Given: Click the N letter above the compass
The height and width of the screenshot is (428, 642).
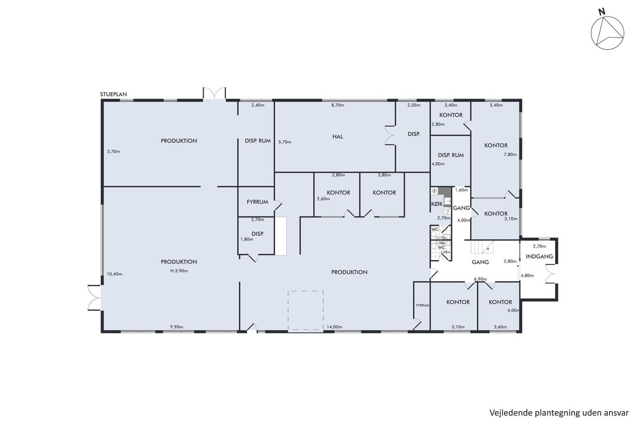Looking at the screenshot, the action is click(602, 20).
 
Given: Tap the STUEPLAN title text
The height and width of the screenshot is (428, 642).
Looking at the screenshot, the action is click(114, 94).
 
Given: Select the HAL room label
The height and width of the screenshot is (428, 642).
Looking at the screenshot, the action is click(338, 137).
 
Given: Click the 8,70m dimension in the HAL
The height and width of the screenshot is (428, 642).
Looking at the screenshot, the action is click(338, 105).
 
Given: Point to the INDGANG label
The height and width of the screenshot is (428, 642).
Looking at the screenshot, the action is click(539, 256).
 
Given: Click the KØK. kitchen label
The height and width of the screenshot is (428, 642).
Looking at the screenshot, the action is click(437, 204).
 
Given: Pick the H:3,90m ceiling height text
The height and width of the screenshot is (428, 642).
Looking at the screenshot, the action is click(179, 271).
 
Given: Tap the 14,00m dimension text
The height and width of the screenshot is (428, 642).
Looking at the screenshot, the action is click(334, 327).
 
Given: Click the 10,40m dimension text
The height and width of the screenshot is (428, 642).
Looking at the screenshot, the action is click(114, 274).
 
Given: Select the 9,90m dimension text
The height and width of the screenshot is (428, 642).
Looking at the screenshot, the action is click(177, 327).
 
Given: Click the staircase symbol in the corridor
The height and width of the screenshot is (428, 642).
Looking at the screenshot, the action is click(482, 247).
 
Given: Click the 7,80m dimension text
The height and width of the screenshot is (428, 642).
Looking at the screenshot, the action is click(510, 155).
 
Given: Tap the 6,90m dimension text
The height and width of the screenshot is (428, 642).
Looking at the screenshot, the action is click(481, 279).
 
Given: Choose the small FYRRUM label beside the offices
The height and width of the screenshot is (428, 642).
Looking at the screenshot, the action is click(422, 306).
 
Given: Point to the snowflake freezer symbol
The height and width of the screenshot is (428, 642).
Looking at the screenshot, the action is click(434, 191).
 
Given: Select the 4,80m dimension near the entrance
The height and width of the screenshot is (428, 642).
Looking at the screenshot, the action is click(527, 276).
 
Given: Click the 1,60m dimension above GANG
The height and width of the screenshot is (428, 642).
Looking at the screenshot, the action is click(461, 190).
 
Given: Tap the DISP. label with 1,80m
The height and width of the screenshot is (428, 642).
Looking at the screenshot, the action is click(257, 234).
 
